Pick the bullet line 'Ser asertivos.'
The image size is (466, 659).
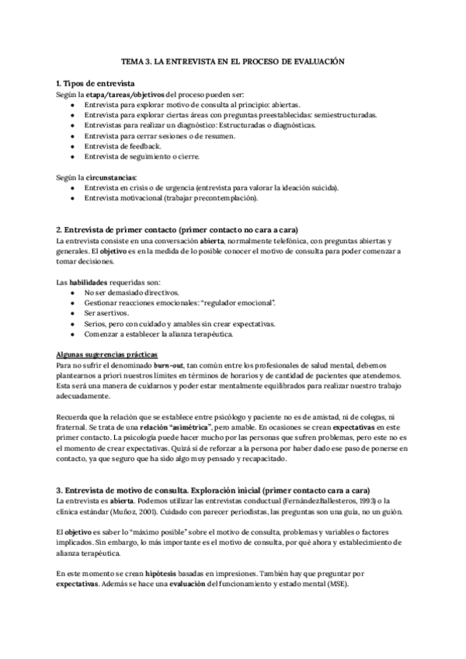[106, 313]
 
